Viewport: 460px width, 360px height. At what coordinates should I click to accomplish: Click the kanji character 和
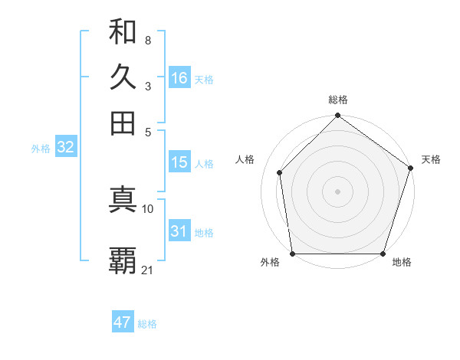123,32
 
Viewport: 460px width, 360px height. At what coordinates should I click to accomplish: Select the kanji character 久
123,77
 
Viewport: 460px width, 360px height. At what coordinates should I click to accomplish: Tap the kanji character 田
123,123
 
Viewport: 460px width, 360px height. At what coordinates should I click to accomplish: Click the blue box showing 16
179,78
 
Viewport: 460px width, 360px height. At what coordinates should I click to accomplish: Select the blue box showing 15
179,162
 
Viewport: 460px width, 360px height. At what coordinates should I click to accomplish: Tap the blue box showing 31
179,231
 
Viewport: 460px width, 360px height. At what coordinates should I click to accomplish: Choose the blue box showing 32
65,148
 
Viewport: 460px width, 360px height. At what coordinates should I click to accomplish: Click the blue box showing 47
123,322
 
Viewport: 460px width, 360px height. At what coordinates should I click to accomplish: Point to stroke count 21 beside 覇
148,270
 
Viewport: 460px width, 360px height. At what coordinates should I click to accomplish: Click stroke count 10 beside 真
148,208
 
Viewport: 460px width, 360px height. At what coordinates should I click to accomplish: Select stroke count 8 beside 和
148,40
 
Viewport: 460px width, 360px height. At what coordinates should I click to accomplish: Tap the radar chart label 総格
338,100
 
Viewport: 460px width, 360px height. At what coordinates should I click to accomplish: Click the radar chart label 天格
431,159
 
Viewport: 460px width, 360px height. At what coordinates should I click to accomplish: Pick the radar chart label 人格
245,159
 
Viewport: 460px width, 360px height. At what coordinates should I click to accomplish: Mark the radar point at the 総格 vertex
338,116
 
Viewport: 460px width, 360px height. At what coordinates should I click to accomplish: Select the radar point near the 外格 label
293,254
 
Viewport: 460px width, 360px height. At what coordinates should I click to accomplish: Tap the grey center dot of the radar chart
338,191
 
